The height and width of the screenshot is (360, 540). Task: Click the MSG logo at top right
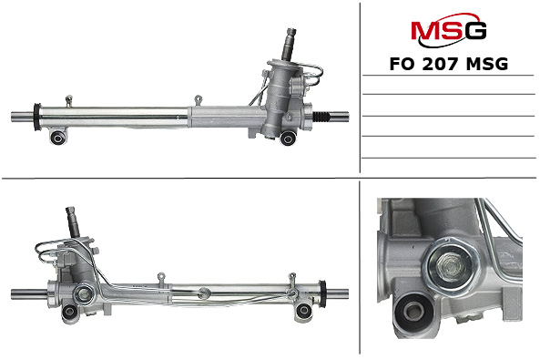coord(448,30)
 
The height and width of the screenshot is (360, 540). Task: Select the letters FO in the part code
coord(402,64)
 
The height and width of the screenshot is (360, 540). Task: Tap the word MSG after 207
coord(487,64)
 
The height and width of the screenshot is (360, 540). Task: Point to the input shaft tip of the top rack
coord(291,31)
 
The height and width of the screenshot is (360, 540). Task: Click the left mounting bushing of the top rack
coord(57,138)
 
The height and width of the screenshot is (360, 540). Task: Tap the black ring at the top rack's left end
coord(37,117)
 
